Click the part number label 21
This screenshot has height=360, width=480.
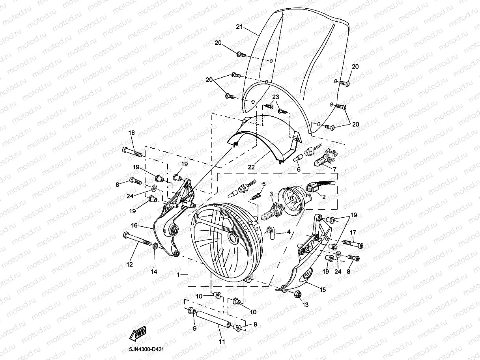point(239,27)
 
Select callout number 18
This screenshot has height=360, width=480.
point(131,133)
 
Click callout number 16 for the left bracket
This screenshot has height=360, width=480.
point(134,226)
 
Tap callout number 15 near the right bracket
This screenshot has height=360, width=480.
point(323,290)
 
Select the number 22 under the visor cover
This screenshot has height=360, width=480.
point(251,167)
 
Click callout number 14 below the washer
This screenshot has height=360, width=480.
point(154,272)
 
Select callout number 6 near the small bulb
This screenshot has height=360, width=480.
point(299,170)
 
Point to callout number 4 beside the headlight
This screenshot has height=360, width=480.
point(289,232)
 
